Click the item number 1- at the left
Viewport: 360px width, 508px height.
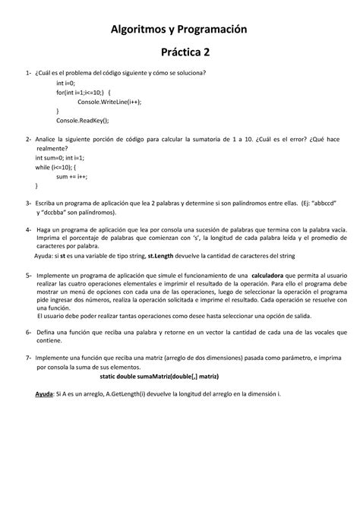[28, 72]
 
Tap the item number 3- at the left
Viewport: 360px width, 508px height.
[28, 205]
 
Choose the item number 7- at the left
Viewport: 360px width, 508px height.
[28, 356]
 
